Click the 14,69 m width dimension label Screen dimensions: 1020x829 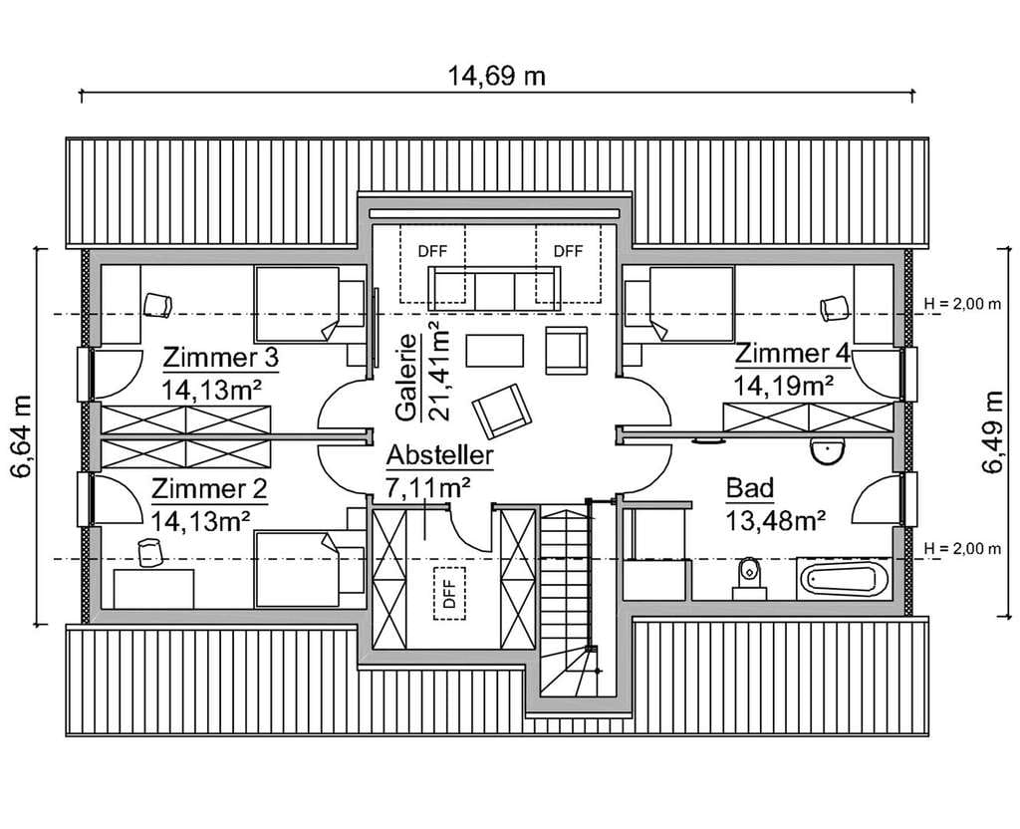(x=496, y=76)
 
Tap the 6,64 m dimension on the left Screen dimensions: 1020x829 (x=22, y=436)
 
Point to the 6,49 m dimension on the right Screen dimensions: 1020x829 (x=993, y=432)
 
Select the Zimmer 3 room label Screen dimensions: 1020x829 (x=220, y=358)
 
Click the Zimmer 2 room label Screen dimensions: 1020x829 (x=209, y=488)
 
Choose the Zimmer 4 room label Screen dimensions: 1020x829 (x=792, y=354)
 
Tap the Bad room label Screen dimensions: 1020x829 (x=749, y=487)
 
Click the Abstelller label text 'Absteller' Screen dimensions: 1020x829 (x=439, y=455)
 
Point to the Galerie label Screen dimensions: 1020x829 (x=406, y=378)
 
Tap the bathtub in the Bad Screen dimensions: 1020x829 (x=843, y=579)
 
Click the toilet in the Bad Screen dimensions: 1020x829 (x=749, y=577)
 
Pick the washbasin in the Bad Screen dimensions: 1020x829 (x=827, y=451)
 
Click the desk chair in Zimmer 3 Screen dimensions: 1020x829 (x=158, y=305)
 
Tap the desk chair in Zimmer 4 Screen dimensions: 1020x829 (x=835, y=309)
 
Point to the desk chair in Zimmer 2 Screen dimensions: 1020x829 (x=150, y=552)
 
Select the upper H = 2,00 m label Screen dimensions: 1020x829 (x=962, y=304)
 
